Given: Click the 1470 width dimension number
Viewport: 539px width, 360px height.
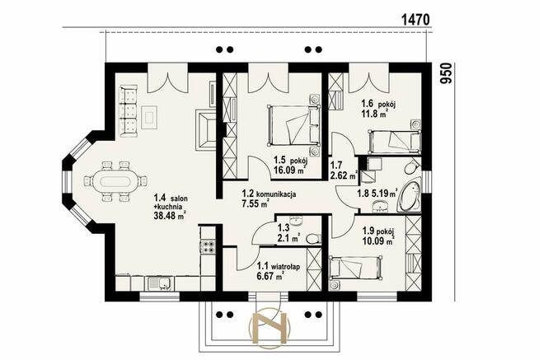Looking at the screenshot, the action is click(x=415, y=20).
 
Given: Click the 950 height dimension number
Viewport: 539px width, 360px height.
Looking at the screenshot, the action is click(x=446, y=73).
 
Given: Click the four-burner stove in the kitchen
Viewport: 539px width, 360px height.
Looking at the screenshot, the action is click(x=208, y=246).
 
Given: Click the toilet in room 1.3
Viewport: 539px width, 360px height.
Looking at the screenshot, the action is click(x=312, y=238).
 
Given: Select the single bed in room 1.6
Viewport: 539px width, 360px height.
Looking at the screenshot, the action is click(x=395, y=142).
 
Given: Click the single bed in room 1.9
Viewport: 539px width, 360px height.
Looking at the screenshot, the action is click(x=355, y=268).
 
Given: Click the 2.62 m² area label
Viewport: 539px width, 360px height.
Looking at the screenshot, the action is click(x=343, y=175).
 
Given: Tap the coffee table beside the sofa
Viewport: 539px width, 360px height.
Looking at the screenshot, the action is click(x=149, y=117).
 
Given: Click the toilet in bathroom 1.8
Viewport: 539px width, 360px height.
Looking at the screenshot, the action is click(x=410, y=168).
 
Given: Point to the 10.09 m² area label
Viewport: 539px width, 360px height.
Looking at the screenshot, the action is click(x=378, y=241).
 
